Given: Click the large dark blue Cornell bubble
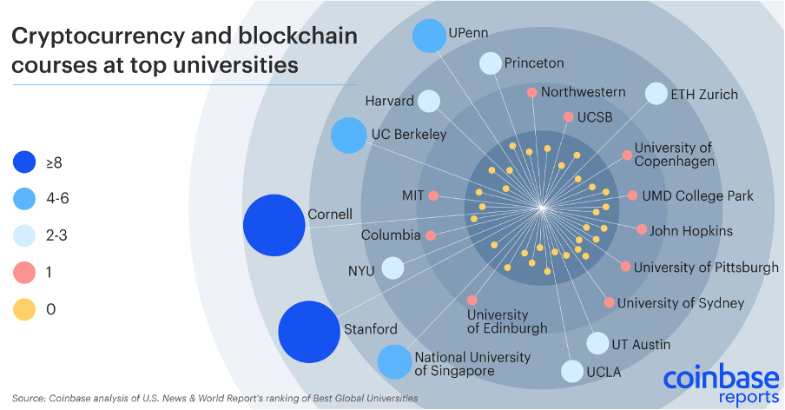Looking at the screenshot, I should tap(274, 226).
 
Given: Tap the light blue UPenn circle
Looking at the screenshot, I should tap(428, 36).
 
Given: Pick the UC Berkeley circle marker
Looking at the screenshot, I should tap(349, 136).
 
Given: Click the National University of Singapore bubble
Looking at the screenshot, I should tap(394, 361).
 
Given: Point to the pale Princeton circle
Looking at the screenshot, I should tap(491, 63).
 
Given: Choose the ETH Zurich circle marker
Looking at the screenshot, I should tap(656, 94).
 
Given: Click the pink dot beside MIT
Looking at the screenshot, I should tap(433, 195).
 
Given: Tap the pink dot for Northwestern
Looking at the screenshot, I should tap(532, 92).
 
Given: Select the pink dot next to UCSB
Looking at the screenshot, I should tap(569, 116).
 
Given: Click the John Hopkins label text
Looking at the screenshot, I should tap(691, 231).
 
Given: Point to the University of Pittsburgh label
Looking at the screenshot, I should tap(706, 268).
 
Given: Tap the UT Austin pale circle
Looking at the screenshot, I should tap(597, 343).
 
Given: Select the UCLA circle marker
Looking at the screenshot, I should tap(571, 372).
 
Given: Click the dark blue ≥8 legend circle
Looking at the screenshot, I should tap(25, 162).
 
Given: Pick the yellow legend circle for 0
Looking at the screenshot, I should tap(25, 309).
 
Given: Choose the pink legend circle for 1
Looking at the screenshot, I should tap(25, 272).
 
